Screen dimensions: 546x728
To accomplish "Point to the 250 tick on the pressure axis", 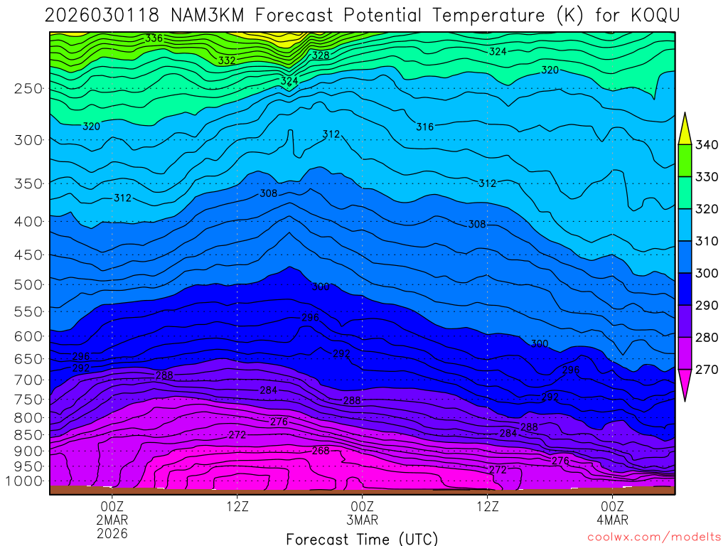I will click(x=28, y=89).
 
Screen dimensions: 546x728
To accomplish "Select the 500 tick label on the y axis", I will click(x=28, y=285).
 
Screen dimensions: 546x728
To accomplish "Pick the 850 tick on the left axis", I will click(x=28, y=434).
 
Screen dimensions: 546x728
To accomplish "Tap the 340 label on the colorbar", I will click(x=707, y=145).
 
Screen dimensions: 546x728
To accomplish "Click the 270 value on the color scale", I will click(x=707, y=370).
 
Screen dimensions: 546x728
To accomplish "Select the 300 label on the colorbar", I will click(x=707, y=273).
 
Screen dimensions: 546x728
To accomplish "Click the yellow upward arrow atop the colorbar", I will click(x=685, y=129).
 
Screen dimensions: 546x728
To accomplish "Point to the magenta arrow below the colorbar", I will click(x=685, y=385).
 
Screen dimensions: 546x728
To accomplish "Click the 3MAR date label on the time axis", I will click(x=363, y=520).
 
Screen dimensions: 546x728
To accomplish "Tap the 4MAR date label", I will click(x=612, y=520).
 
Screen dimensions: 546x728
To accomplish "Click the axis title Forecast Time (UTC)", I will click(x=362, y=538).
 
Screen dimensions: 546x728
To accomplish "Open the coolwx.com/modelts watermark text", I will click(x=654, y=537).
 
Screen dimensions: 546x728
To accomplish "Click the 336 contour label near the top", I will click(x=154, y=38).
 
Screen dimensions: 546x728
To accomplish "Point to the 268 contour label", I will click(x=321, y=451).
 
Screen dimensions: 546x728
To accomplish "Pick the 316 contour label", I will click(x=424, y=127).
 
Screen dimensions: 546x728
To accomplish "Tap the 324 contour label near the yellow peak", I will click(x=289, y=81).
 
